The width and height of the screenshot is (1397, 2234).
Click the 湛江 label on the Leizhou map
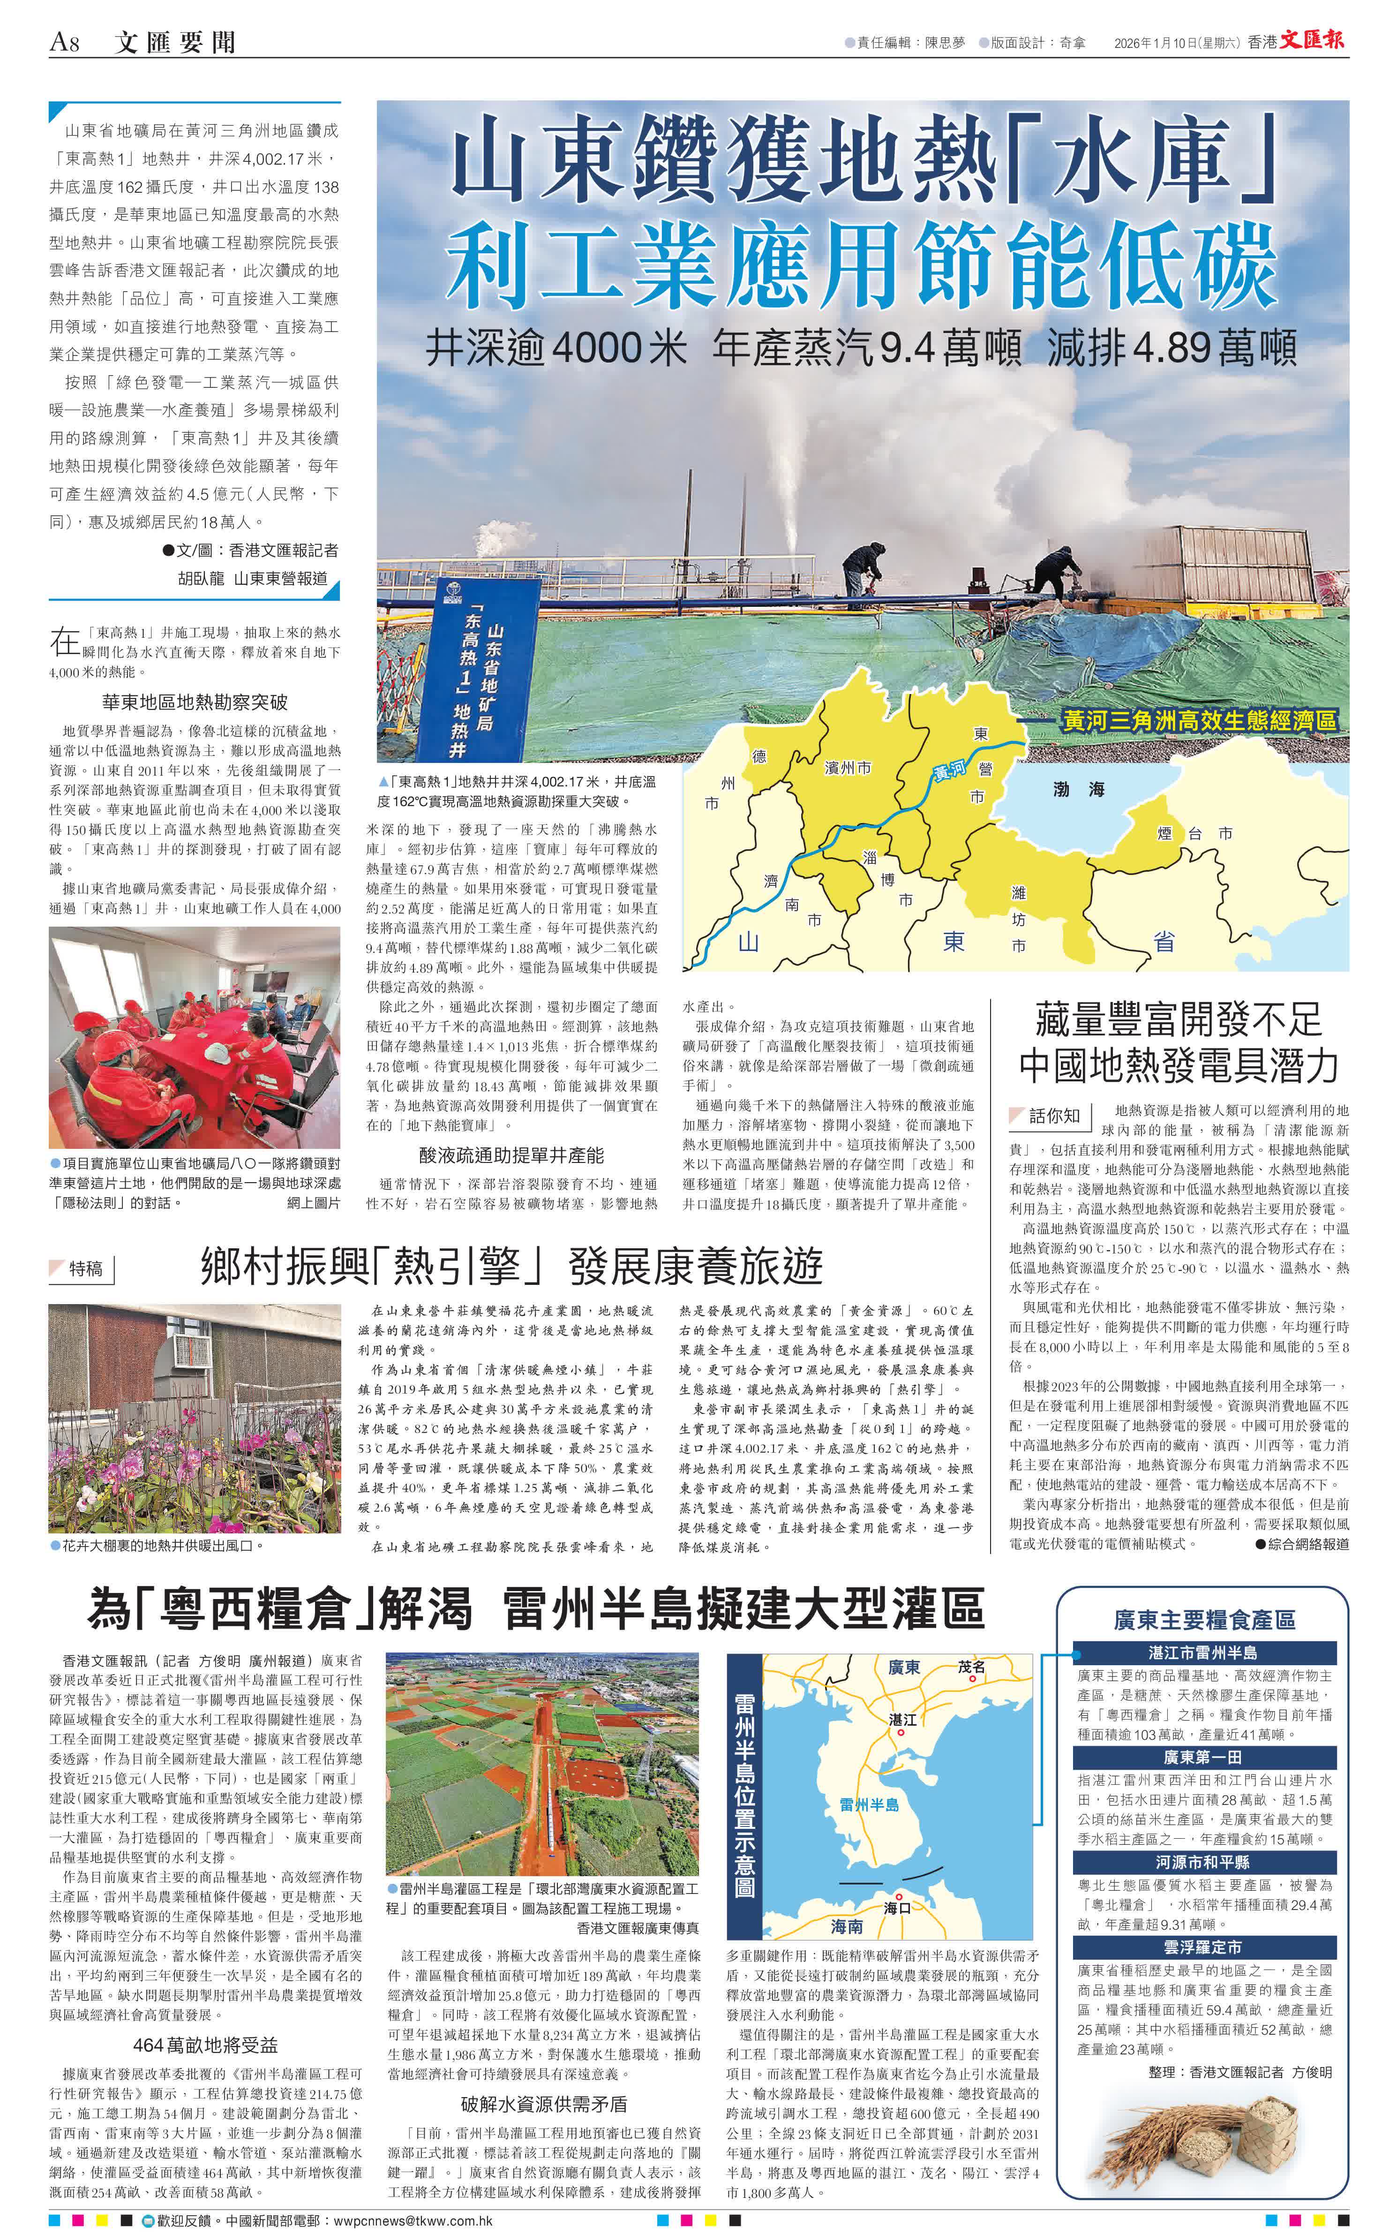[x=902, y=1719]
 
